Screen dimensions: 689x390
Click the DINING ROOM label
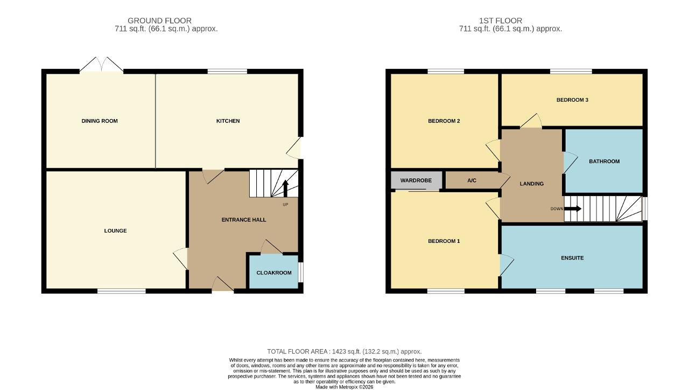(100, 121)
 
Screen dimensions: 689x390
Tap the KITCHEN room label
(228, 121)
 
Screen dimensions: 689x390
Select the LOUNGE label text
(115, 231)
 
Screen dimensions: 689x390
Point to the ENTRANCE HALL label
(244, 220)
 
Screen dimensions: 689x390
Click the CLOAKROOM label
(274, 273)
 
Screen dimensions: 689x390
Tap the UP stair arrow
(285, 189)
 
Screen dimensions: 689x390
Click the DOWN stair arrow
(573, 208)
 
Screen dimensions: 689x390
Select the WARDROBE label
(416, 180)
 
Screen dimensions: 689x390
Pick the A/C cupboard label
(472, 180)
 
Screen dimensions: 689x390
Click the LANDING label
(531, 184)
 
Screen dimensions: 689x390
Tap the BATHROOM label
(604, 161)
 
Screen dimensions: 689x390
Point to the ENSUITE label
(572, 258)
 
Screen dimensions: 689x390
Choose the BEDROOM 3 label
(572, 100)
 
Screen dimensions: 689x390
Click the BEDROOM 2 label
(444, 121)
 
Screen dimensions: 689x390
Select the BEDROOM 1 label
(444, 241)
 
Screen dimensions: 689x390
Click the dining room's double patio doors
(102, 65)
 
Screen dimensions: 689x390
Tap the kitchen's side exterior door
(294, 148)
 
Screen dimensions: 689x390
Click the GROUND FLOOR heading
(160, 20)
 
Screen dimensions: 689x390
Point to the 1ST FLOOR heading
(501, 20)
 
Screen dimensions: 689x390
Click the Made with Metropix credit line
(344, 387)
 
